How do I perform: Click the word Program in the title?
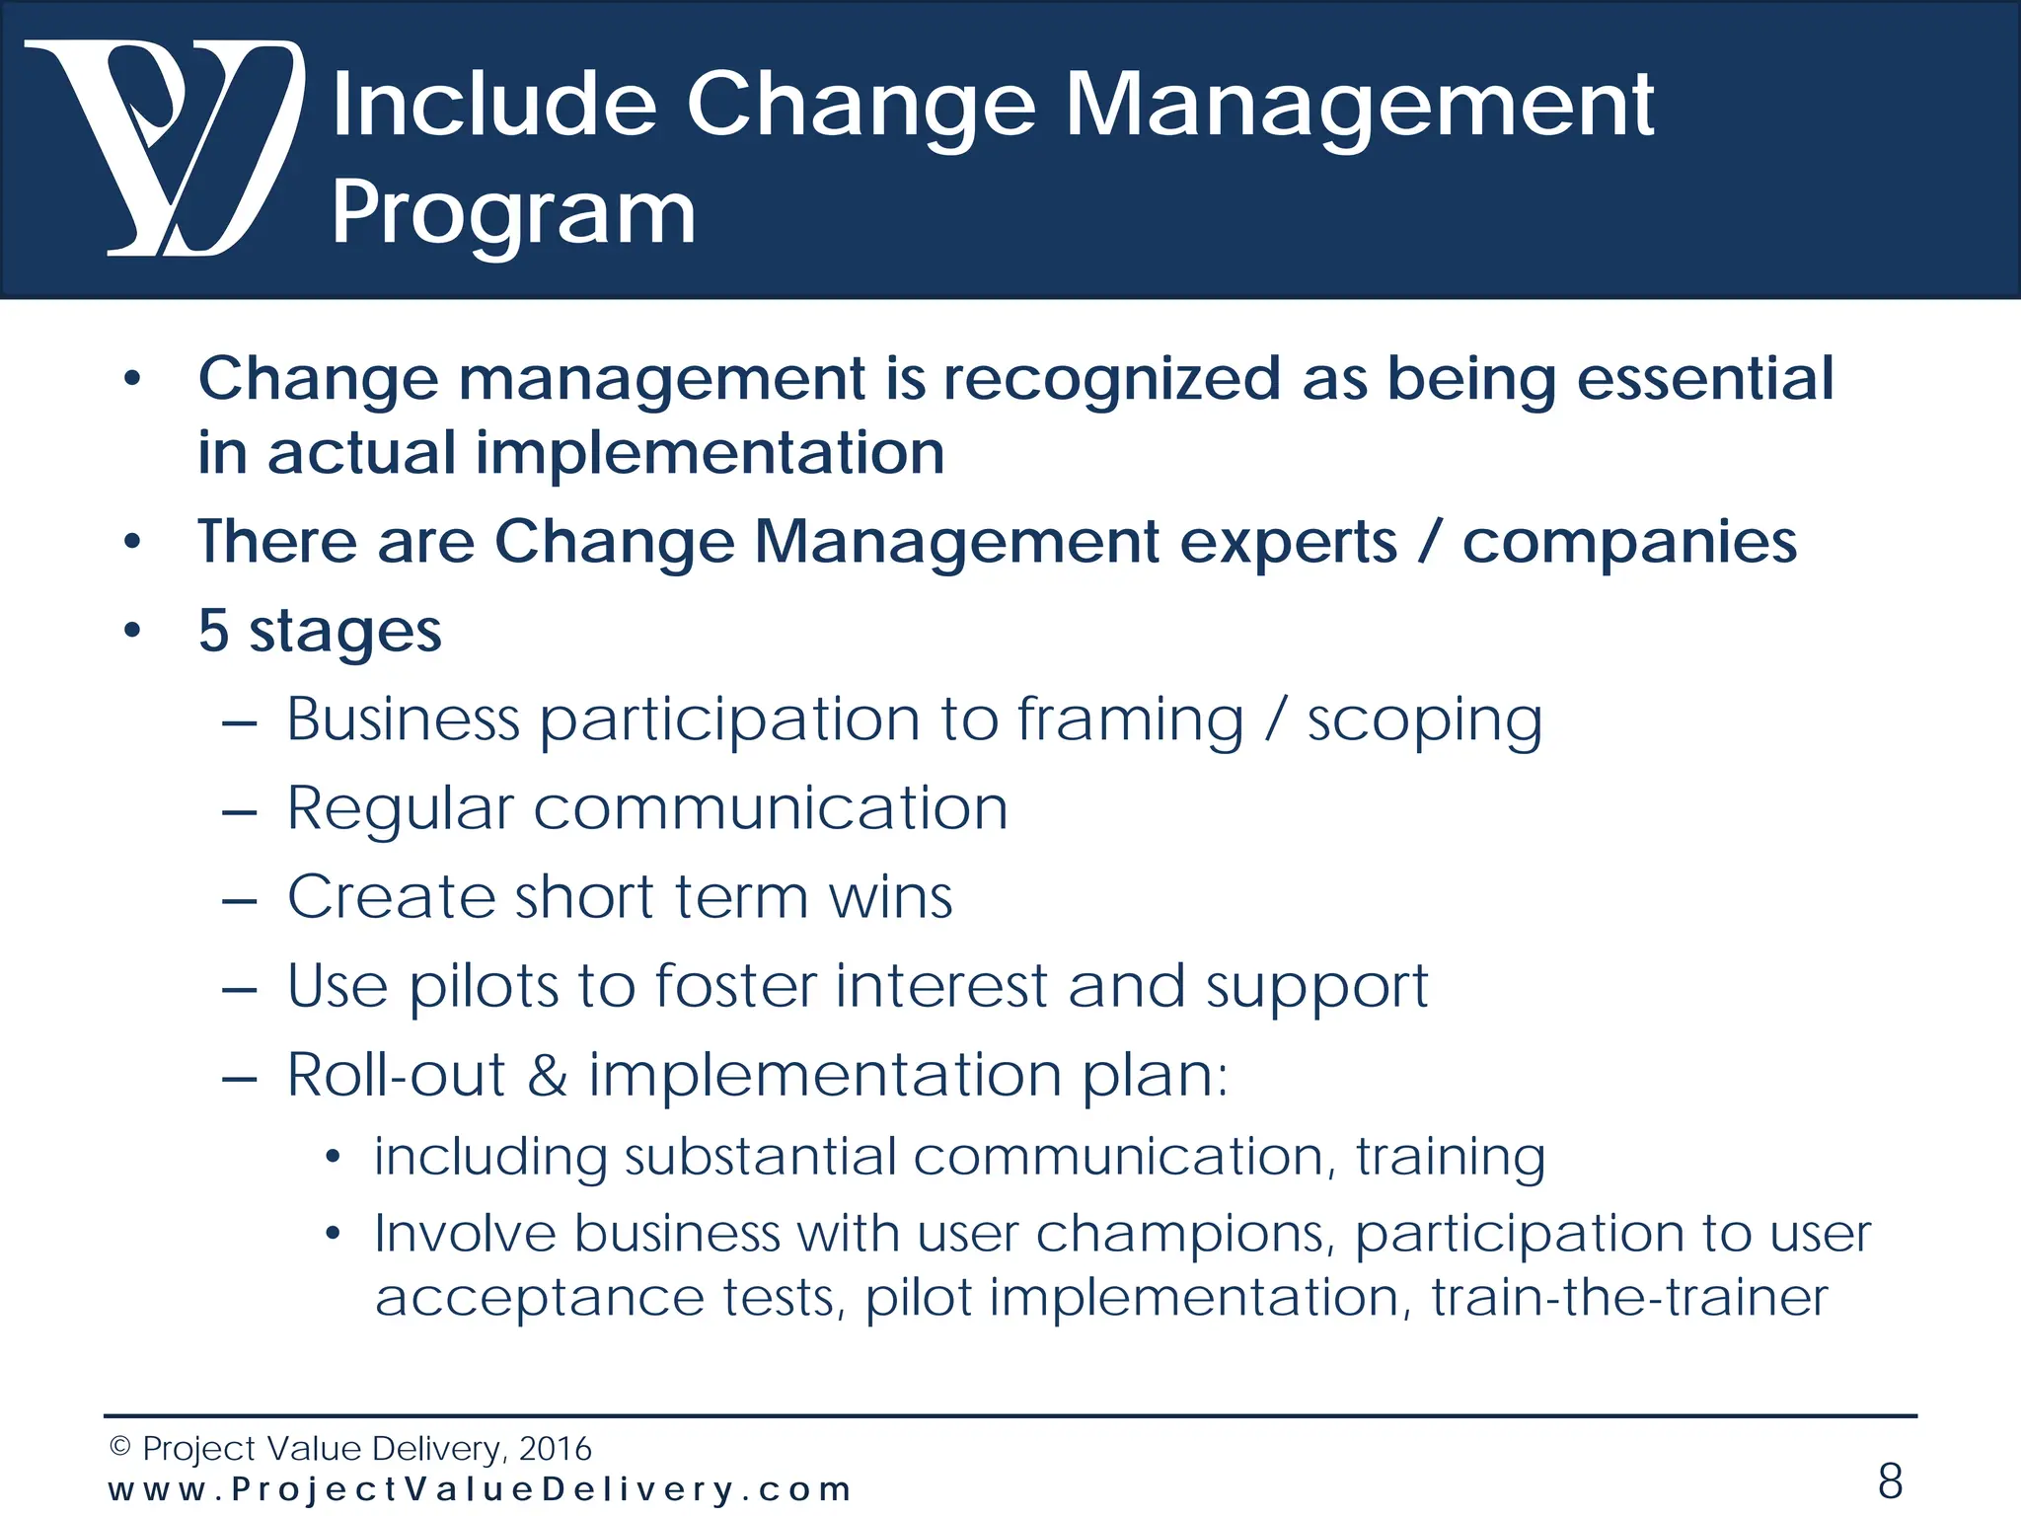coord(513,212)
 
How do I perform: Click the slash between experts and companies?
coord(1429,542)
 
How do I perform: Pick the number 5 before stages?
coord(213,631)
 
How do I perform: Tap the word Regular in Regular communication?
coord(401,809)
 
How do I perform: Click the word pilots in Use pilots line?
coord(484,987)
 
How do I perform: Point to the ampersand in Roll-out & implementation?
coord(548,1075)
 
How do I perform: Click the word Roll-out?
coord(396,1075)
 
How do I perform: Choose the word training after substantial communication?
coord(1450,1158)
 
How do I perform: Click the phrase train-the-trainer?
coord(1629,1298)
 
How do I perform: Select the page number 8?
coord(1890,1481)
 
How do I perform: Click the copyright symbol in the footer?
coord(120,1447)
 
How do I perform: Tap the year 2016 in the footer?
coord(555,1449)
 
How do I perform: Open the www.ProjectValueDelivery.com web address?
coord(480,1489)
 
